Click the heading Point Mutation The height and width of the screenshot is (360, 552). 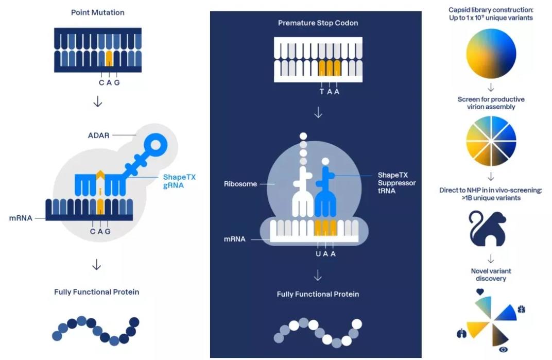click(x=98, y=12)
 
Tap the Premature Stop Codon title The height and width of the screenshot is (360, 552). click(x=318, y=23)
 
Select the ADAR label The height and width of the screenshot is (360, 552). click(x=98, y=135)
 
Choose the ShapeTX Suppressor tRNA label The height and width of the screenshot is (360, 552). click(x=396, y=183)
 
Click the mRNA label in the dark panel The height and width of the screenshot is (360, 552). click(x=234, y=239)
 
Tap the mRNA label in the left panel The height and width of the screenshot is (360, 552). click(x=21, y=218)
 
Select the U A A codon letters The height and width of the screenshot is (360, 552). click(x=326, y=254)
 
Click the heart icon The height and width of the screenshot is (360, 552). click(x=480, y=292)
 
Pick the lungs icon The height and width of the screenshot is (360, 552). click(x=461, y=334)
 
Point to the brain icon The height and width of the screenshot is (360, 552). click(x=521, y=310)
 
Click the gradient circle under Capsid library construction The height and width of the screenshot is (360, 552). click(x=491, y=54)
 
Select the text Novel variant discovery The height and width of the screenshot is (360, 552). click(x=491, y=275)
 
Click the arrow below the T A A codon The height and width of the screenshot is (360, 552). click(x=318, y=112)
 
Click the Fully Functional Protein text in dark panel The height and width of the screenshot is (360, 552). click(x=318, y=294)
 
